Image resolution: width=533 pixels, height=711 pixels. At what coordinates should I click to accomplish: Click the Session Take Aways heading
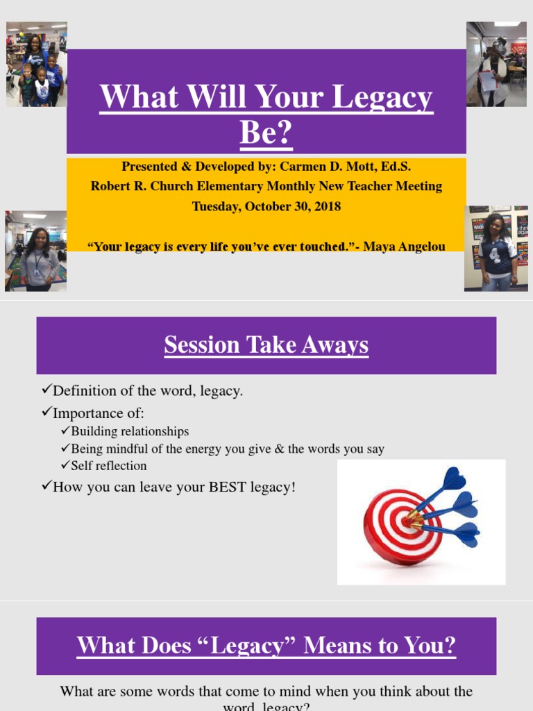(266, 345)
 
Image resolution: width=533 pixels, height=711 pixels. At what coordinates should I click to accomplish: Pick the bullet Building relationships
(130, 431)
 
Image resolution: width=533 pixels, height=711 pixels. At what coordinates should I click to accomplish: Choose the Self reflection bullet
(109, 465)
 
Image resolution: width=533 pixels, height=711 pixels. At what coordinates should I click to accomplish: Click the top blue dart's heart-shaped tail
(454, 478)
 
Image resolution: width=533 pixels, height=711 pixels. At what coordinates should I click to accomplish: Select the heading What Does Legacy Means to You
(266, 646)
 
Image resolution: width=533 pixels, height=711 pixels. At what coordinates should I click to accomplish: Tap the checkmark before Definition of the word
(46, 390)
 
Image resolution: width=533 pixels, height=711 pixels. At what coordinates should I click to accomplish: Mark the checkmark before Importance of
(46, 412)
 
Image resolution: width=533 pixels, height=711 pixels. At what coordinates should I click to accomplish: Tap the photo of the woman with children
(37, 64)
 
